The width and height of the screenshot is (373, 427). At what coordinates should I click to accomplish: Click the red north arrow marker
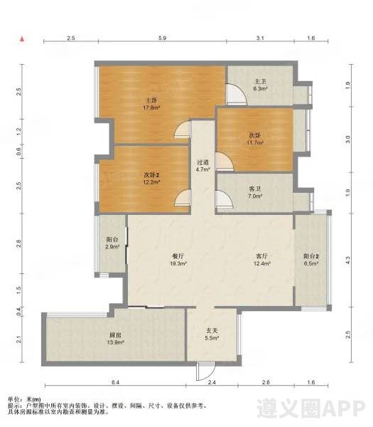[22, 39]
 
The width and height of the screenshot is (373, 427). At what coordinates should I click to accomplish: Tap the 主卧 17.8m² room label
[151, 104]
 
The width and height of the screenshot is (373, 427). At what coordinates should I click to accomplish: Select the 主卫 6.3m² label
[260, 85]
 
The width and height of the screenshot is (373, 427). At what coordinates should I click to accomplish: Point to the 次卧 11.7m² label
[255, 139]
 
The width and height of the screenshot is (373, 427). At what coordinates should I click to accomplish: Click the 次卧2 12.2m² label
[151, 179]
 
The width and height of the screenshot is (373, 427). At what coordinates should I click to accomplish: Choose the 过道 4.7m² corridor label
[202, 166]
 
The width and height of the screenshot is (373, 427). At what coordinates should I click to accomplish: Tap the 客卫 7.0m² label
[255, 192]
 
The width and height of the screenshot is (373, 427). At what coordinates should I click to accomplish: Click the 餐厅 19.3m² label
[178, 260]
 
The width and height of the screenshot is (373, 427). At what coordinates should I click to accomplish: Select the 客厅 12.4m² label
[261, 260]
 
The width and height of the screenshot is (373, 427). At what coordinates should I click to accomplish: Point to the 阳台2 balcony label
[311, 260]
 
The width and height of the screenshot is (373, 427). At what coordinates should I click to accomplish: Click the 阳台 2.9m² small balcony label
[112, 243]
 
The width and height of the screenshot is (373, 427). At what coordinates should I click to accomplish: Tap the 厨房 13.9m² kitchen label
[116, 339]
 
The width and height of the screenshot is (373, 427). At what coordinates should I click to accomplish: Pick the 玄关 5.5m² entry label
[212, 334]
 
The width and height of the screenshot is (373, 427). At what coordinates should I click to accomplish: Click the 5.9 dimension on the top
[162, 38]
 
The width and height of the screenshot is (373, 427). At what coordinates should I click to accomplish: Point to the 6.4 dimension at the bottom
[115, 382]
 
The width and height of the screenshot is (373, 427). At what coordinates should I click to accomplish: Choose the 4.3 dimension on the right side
[347, 260]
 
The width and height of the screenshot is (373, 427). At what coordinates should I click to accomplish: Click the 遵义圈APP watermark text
[311, 408]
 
